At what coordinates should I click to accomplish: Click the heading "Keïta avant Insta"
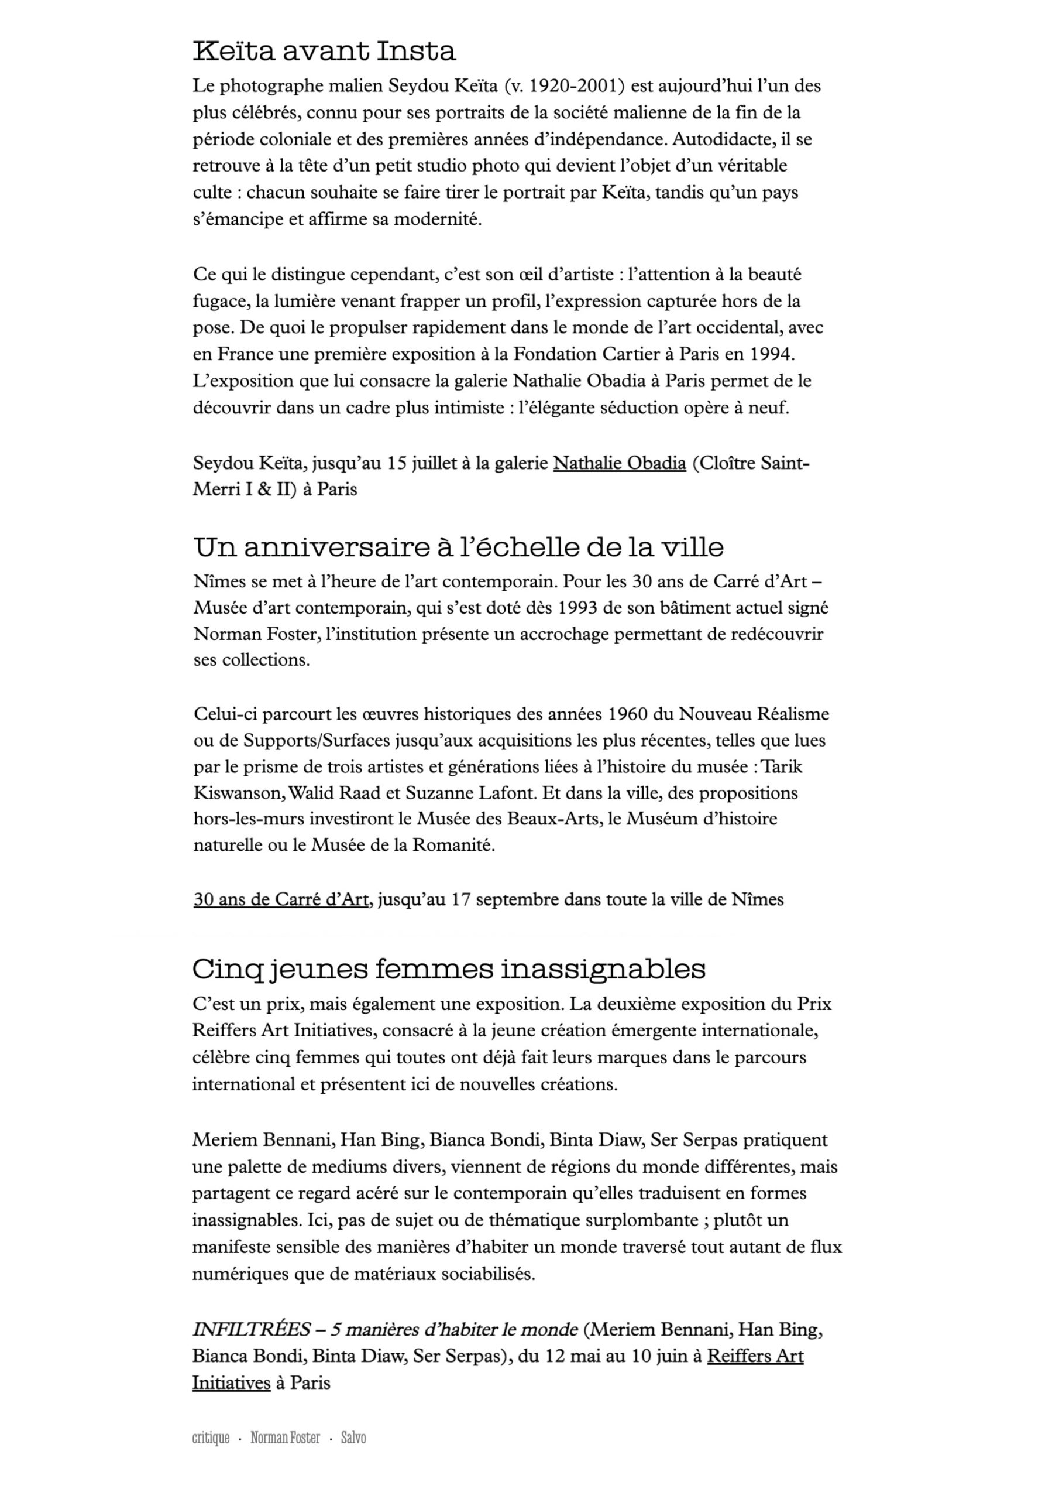(324, 51)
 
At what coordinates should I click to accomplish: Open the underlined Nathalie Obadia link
(619, 463)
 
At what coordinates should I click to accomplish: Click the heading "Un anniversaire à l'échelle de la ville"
(458, 546)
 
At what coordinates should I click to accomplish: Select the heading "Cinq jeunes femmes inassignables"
(448, 969)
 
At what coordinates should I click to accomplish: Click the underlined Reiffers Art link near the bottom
(755, 1356)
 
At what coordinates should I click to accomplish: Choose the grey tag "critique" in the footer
(211, 1438)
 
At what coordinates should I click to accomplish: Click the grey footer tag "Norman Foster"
(285, 1438)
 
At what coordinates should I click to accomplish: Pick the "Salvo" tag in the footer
(353, 1438)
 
